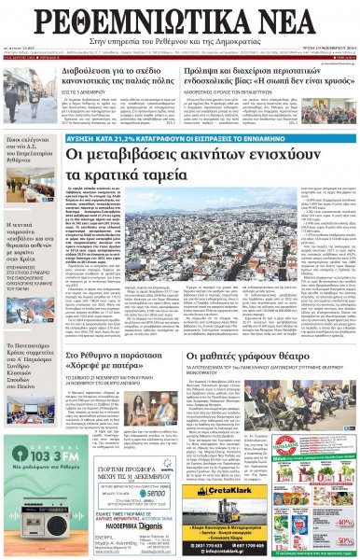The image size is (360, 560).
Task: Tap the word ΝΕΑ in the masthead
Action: pyautogui.click(x=300, y=21)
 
